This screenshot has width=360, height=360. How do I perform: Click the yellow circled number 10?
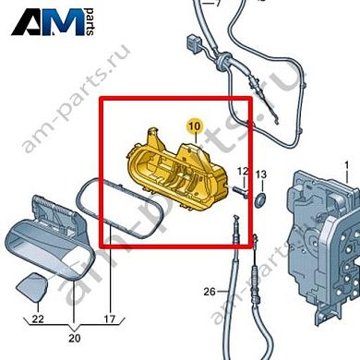tap(193, 124)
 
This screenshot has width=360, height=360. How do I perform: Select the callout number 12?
tap(243, 172)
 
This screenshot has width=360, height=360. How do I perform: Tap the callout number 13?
tap(260, 174)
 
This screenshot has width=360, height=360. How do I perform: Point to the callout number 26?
tap(210, 292)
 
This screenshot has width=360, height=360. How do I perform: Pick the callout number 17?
tap(108, 320)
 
